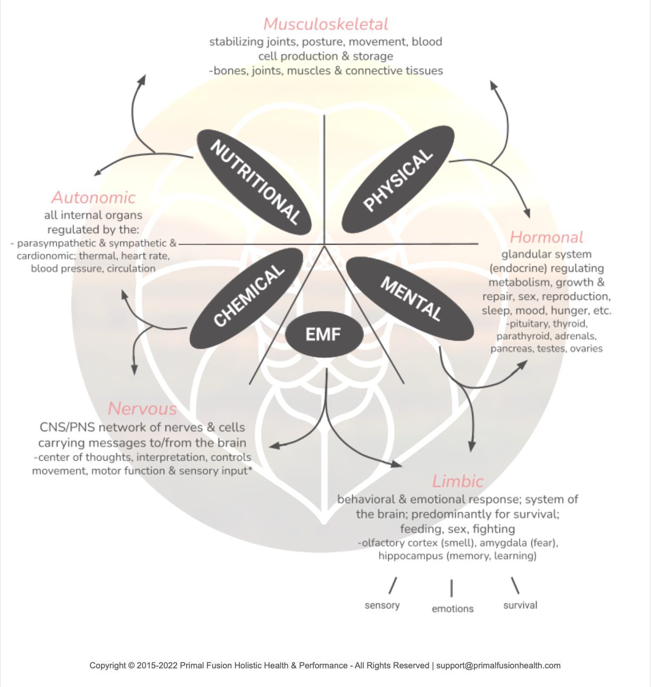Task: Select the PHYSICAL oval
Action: pyautogui.click(x=398, y=179)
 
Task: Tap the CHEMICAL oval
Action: pyautogui.click(x=246, y=298)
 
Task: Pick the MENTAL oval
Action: pyautogui.click(x=411, y=298)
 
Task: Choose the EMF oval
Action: pyautogui.click(x=323, y=334)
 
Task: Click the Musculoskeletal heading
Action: pyautogui.click(x=325, y=24)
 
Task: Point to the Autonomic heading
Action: pyautogui.click(x=94, y=198)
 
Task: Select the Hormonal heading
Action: pyautogui.click(x=546, y=237)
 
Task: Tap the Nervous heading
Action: pyautogui.click(x=142, y=408)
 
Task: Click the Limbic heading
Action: pyautogui.click(x=457, y=481)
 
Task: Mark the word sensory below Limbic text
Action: pyautogui.click(x=382, y=606)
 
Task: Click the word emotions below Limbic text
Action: pyautogui.click(x=452, y=609)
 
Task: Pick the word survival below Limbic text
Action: pyautogui.click(x=520, y=606)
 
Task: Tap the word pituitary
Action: pyautogui.click(x=529, y=324)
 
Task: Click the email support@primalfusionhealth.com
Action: pyautogui.click(x=498, y=665)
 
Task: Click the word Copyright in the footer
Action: pyautogui.click(x=108, y=665)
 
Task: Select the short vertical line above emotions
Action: pyautogui.click(x=452, y=588)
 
